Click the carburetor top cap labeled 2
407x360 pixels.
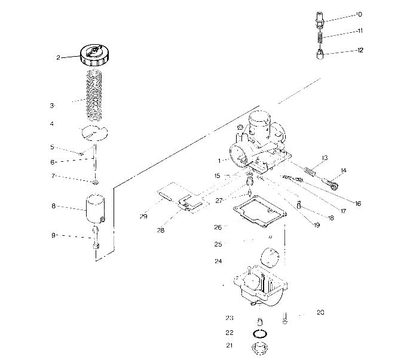click(94, 55)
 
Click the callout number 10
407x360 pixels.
click(359, 13)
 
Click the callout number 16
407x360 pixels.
click(357, 204)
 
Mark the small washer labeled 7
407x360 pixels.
click(95, 181)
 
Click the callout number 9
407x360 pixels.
click(53, 235)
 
